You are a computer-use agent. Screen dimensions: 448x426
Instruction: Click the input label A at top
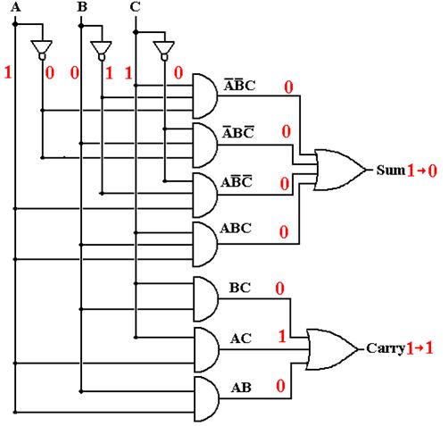[x=16, y=6]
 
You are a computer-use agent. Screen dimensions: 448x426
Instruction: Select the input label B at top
[x=82, y=6]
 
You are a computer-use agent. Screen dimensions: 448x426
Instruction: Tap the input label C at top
[x=135, y=6]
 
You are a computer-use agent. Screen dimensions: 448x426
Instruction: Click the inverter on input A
[x=42, y=50]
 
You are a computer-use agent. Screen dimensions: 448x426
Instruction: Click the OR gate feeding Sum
[x=340, y=170]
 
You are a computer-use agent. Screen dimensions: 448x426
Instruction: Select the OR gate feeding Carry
[x=332, y=349]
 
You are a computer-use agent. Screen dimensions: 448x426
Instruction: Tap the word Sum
[x=391, y=171]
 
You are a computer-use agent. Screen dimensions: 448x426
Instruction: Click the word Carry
[x=386, y=348]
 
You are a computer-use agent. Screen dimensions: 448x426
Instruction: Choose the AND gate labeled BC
[x=206, y=299]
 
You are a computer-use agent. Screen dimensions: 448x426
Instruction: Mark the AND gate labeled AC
[x=206, y=350]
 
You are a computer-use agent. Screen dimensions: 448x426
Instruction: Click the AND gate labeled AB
[x=206, y=399]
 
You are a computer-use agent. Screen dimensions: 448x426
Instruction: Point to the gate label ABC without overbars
[x=236, y=229]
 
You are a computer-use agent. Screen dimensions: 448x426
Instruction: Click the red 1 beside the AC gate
[x=282, y=337]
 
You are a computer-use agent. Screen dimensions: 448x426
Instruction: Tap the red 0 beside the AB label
[x=280, y=386]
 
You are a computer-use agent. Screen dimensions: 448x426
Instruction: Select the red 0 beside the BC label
[x=279, y=288]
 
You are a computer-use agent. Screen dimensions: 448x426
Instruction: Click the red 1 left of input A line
[x=8, y=72]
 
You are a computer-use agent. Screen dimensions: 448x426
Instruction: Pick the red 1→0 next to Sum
[x=422, y=171]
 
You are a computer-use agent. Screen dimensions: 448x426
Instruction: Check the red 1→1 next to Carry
[x=419, y=348]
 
